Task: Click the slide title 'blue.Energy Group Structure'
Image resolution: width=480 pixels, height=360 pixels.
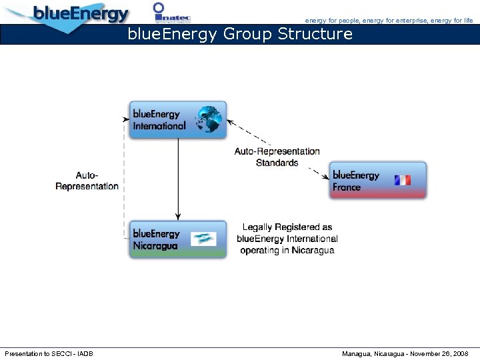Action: point(240,34)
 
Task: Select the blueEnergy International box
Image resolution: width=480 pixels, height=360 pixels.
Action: point(177,120)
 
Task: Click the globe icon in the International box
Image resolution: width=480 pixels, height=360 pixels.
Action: point(209,119)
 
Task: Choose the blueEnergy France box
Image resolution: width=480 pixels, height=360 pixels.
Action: point(377,181)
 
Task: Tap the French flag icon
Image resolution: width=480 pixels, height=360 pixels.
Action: point(403,181)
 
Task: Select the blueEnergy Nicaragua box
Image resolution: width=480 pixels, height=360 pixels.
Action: point(177,239)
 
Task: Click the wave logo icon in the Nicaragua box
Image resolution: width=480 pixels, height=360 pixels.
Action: point(203,239)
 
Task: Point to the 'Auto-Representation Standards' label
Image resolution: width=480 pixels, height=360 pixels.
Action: point(277,157)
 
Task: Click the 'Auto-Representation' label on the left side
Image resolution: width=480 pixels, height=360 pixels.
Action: point(87,181)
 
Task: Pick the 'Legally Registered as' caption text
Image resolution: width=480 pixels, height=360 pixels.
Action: point(287,227)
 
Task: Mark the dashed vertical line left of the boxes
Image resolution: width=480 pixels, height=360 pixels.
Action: point(124,180)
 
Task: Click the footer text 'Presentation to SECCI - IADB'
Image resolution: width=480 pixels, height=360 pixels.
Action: point(49,353)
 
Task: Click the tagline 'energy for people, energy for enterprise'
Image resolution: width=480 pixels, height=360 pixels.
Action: point(366,21)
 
